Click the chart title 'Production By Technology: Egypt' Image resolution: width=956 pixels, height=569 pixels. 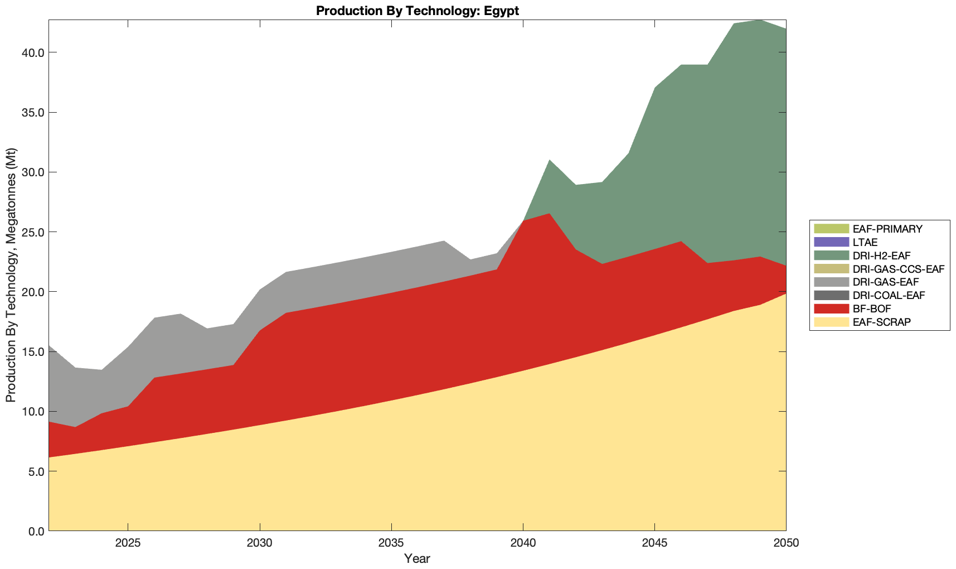417,11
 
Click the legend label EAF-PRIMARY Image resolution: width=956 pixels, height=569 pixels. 887,229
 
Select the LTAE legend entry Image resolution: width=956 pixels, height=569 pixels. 865,242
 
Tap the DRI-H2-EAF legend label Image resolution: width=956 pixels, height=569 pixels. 881,255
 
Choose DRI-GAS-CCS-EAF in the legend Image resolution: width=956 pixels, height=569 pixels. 899,269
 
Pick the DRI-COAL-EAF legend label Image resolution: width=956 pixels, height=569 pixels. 889,295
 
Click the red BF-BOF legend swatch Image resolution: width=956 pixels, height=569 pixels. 831,308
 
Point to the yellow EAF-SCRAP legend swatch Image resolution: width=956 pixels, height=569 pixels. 831,322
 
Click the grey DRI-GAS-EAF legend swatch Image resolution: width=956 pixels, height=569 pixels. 831,282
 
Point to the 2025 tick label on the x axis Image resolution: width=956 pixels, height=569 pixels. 128,543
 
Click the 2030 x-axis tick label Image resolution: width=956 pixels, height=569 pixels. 260,543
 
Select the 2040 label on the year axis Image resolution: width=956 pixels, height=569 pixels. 523,543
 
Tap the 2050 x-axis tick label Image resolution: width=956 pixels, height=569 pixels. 786,543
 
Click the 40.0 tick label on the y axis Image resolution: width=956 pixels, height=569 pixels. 32,52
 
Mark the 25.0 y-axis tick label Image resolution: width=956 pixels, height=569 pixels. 32,232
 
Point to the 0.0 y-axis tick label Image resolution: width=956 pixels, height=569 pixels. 35,531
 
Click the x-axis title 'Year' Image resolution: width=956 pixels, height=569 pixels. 417,558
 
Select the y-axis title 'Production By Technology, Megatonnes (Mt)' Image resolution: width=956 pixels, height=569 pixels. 11,276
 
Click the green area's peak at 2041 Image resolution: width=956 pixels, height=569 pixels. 550,161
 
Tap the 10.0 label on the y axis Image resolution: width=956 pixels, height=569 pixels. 32,412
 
